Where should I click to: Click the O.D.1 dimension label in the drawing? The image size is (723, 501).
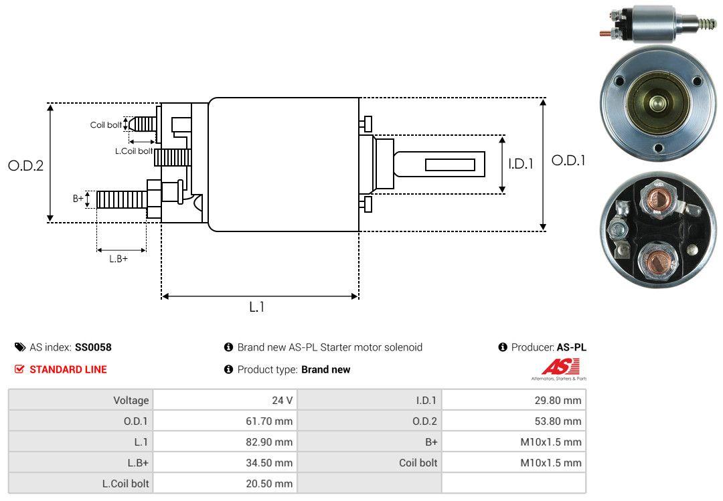568,161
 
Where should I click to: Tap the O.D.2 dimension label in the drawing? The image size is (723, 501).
25,165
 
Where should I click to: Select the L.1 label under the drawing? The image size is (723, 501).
258,307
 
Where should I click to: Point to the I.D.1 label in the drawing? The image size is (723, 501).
520,163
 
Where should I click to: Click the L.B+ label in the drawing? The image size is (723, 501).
118,259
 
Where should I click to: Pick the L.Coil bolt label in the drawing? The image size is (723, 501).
134,151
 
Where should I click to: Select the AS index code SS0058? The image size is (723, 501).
93,347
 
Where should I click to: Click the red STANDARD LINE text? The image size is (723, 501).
68,369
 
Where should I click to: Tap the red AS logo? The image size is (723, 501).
560,367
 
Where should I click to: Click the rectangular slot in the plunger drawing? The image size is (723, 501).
450,165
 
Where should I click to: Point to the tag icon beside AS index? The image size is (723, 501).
20,347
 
